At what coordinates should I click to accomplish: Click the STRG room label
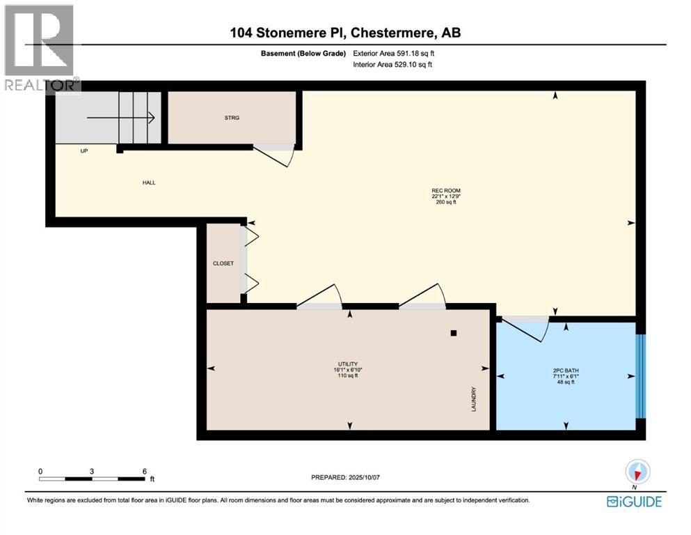click(232, 118)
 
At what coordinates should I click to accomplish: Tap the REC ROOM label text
click(446, 191)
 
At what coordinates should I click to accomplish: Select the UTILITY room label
click(347, 364)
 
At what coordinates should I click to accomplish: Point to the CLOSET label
click(223, 263)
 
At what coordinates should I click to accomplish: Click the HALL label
click(149, 183)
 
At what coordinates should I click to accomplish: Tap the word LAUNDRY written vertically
click(473, 399)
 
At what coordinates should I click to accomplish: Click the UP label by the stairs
click(84, 150)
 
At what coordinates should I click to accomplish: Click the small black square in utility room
click(454, 333)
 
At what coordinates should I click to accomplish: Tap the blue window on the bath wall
click(641, 376)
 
